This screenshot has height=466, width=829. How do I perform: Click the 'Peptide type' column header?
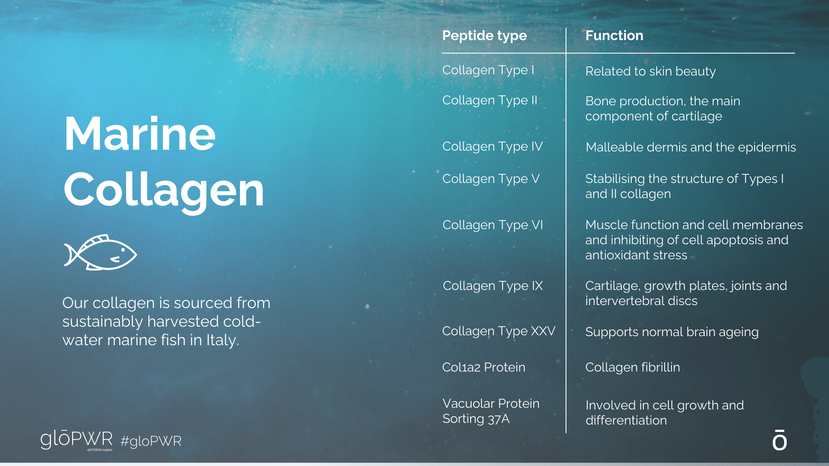(x=484, y=36)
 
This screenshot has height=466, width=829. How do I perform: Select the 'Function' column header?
(x=614, y=35)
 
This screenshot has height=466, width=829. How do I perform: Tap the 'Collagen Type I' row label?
(x=488, y=70)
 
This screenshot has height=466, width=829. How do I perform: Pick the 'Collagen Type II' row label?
(x=490, y=101)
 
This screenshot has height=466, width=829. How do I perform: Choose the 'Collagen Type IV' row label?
(x=493, y=147)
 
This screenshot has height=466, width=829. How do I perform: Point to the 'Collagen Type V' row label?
(x=491, y=179)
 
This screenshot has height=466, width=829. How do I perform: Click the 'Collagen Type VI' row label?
(x=493, y=225)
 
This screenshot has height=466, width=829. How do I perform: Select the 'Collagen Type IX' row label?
(x=493, y=286)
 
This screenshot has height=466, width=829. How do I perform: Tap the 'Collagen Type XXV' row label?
(x=499, y=331)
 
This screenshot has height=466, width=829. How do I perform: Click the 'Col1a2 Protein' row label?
(x=484, y=367)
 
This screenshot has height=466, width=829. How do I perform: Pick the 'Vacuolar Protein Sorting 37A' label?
(x=491, y=411)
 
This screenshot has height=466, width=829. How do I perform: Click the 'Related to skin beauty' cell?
(x=650, y=72)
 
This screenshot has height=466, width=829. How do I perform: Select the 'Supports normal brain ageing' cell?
(x=672, y=332)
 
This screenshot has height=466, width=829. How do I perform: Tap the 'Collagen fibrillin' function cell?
(x=633, y=367)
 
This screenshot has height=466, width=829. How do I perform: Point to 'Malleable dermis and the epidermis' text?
(x=690, y=148)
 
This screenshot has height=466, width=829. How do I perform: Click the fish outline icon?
(x=100, y=252)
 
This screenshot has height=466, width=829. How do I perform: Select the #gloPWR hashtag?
(x=151, y=441)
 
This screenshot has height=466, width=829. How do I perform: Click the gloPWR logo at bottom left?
(x=76, y=440)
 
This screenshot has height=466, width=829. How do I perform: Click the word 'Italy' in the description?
(x=222, y=340)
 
